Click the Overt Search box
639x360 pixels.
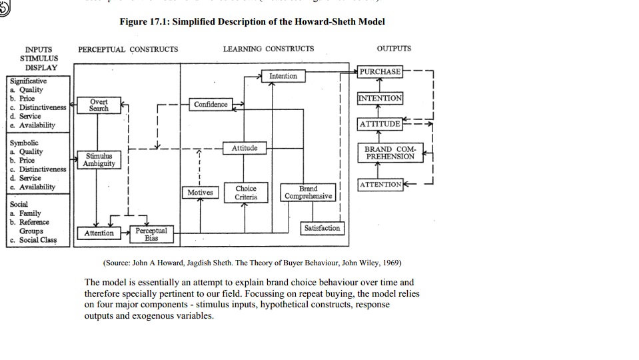tap(99, 105)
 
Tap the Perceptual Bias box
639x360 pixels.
tap(151, 233)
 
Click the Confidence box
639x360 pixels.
tap(211, 105)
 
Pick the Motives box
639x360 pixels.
tap(200, 193)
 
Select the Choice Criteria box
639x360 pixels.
tap(246, 193)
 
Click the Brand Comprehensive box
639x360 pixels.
tap(308, 193)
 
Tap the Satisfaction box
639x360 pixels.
tap(322, 228)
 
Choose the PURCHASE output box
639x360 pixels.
tap(380, 71)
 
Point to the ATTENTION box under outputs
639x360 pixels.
tap(380, 184)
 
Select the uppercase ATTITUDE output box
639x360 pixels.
tap(380, 124)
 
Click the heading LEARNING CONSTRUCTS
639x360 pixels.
tap(269, 49)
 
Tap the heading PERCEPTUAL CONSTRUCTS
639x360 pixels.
tap(128, 49)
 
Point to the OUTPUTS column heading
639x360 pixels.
tap(394, 49)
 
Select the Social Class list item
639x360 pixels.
tap(38, 240)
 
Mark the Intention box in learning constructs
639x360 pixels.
tap(283, 76)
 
